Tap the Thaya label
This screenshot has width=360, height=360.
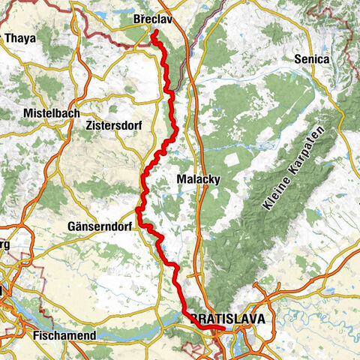click(20, 37)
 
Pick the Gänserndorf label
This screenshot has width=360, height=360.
click(101, 226)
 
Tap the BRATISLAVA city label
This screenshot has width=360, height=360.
click(227, 319)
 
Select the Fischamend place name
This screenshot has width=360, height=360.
click(64, 335)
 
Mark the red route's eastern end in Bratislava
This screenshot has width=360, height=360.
click(224, 328)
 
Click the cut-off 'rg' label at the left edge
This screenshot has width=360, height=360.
click(4, 245)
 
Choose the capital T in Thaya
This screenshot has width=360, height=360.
click(7, 37)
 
